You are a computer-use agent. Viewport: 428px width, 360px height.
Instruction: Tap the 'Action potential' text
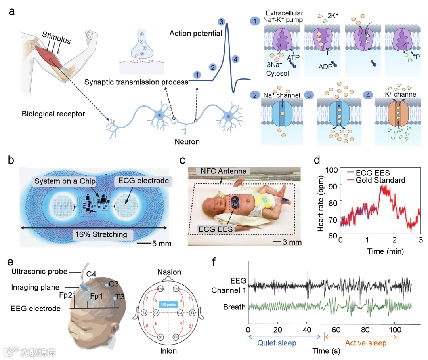tap(196, 33)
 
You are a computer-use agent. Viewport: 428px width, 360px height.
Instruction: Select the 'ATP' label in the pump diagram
tap(293, 57)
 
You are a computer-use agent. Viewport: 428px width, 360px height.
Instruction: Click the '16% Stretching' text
tap(101, 234)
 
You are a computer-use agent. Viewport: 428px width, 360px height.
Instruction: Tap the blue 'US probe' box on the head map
tap(168, 305)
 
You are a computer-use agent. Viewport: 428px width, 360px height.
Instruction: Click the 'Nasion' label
tap(169, 272)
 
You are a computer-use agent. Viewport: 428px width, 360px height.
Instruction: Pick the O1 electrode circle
tap(160, 337)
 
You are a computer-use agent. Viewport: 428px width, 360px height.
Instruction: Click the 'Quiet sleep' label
tap(277, 343)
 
